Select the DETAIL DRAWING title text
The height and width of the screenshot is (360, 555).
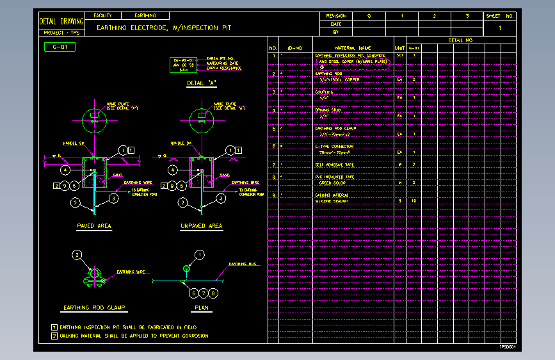[x=61, y=22]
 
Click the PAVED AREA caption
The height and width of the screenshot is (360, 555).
[x=94, y=226]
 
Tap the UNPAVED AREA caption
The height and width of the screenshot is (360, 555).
[x=202, y=226]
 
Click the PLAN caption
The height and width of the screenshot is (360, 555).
[x=202, y=307]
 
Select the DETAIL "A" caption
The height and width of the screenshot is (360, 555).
[x=200, y=83]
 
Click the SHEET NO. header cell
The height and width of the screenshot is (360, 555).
[x=500, y=15]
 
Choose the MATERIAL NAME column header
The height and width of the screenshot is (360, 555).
[x=353, y=48]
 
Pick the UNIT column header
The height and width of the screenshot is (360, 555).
[x=400, y=48]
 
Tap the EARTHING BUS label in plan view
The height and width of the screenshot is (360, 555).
[x=241, y=264]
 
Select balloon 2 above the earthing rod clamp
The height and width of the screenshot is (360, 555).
[x=77, y=255]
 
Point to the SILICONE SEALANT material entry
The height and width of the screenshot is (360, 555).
[x=331, y=200]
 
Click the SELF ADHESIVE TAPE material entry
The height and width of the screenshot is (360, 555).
[x=334, y=165]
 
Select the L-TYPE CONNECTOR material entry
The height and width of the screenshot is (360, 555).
[x=334, y=147]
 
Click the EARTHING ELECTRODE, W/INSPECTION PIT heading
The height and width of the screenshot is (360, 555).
[x=163, y=28]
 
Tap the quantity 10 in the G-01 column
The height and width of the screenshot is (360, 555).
[x=414, y=200]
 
